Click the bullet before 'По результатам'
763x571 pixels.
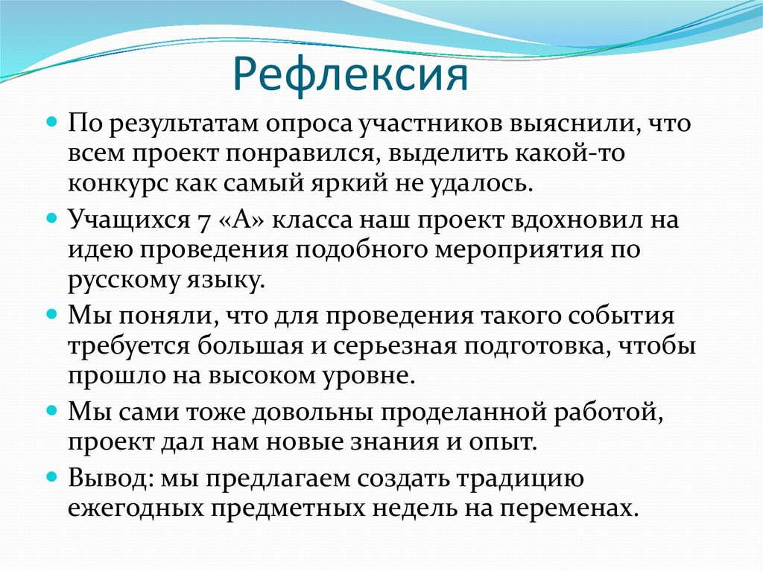pos(52,120)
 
